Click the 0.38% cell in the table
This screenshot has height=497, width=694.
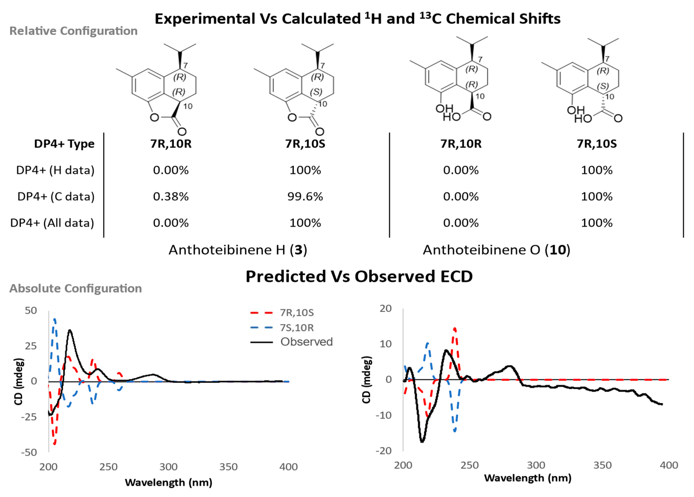coord(171,196)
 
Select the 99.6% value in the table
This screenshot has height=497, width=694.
coord(305,196)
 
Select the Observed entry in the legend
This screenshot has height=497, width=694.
coord(306,342)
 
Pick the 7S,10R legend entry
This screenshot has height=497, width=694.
coord(297,328)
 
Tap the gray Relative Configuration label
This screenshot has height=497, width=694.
coord(73,31)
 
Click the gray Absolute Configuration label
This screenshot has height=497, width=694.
coord(76,288)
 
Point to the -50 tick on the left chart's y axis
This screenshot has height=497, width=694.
coord(29,452)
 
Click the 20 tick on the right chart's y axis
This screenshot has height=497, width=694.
coord(386,308)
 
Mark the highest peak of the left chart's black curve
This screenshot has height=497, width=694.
coord(70,330)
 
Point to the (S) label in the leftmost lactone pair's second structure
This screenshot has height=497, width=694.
coord(316,92)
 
